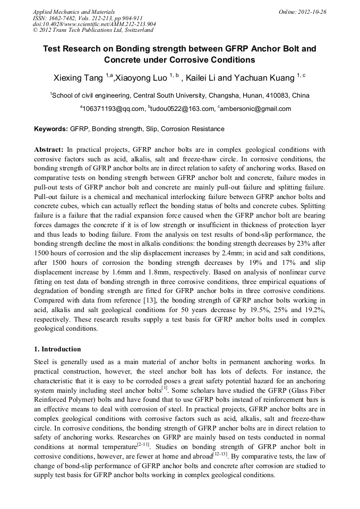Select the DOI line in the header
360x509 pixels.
click(x=94, y=24)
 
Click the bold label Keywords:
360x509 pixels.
click(x=51, y=129)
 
